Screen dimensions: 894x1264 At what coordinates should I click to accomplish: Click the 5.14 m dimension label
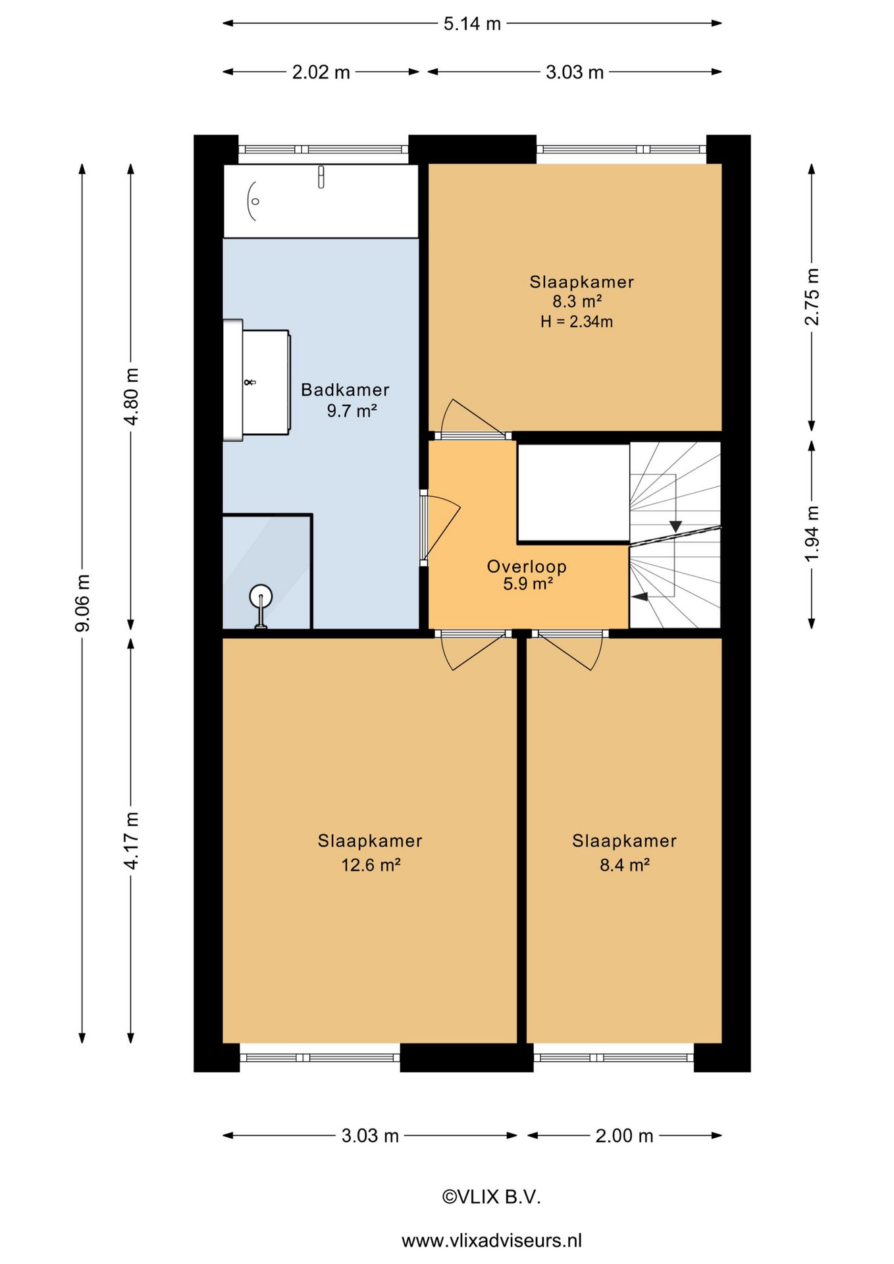(x=472, y=24)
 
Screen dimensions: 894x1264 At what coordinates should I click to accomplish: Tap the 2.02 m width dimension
(x=321, y=72)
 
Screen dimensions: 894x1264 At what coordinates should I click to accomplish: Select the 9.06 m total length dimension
(x=82, y=603)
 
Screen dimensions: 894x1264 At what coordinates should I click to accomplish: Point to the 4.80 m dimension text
(x=131, y=396)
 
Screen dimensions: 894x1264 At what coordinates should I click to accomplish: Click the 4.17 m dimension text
(x=131, y=841)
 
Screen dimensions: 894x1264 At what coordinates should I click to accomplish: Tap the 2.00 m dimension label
(x=624, y=1136)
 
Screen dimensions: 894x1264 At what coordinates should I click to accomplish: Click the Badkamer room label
(x=345, y=390)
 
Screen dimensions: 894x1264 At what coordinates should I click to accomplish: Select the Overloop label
(x=527, y=566)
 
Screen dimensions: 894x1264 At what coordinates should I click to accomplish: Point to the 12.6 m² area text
(x=371, y=864)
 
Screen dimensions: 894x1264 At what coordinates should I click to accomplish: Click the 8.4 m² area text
(x=624, y=864)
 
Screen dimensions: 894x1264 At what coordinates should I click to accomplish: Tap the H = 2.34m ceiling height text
(x=577, y=322)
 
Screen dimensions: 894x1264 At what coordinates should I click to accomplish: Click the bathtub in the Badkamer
(x=321, y=201)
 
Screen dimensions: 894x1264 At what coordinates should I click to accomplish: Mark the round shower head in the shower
(x=261, y=596)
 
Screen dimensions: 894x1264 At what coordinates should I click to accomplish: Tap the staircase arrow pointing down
(x=675, y=526)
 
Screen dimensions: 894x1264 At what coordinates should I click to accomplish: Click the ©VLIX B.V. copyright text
(x=491, y=1197)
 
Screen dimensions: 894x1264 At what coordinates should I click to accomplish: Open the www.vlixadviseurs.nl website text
(x=492, y=1240)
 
